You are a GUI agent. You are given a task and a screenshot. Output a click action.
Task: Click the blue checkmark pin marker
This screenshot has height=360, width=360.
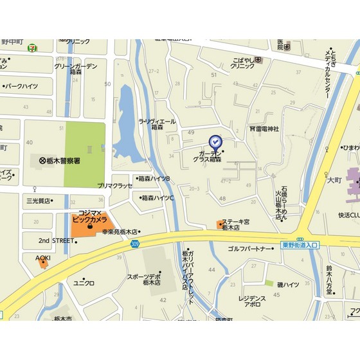tap(215, 141)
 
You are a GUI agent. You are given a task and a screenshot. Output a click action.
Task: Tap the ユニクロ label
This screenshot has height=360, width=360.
tap(84, 283)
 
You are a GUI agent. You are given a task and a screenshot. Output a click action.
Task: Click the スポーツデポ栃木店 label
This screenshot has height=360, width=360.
tap(144, 279)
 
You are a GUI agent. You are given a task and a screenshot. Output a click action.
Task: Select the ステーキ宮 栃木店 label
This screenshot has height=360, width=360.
tap(235, 224)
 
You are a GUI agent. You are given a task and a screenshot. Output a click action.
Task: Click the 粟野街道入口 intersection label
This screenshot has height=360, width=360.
tap(300, 245)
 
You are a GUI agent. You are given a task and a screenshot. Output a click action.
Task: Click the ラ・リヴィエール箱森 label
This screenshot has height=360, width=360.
tap(156, 123)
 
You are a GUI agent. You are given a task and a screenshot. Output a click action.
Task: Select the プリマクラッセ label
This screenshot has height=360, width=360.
tap(115, 185)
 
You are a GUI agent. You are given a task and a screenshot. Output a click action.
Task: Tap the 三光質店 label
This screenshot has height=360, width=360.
tap(39, 201)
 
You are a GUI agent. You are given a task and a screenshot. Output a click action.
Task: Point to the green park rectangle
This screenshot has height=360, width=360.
tap(85, 147)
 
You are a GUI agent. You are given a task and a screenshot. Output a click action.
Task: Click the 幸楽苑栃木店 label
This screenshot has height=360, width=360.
tap(120, 232)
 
